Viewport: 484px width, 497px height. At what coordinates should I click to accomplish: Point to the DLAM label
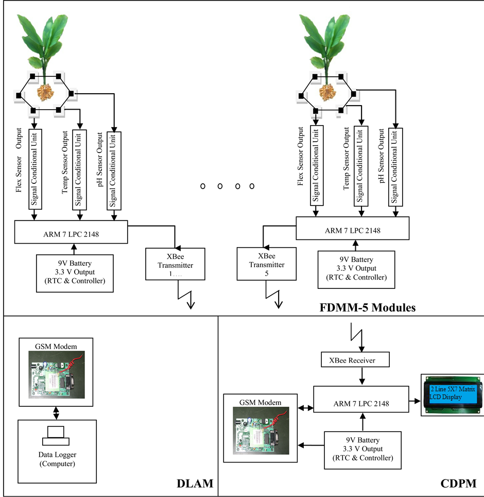click(x=194, y=484)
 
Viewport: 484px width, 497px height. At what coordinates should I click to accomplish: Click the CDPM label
click(x=458, y=484)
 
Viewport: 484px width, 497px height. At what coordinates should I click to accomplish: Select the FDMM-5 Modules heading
click(x=368, y=308)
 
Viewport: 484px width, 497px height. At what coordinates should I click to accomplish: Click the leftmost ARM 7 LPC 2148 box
click(x=71, y=233)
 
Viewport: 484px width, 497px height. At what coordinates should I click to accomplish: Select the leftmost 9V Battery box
click(x=75, y=273)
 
